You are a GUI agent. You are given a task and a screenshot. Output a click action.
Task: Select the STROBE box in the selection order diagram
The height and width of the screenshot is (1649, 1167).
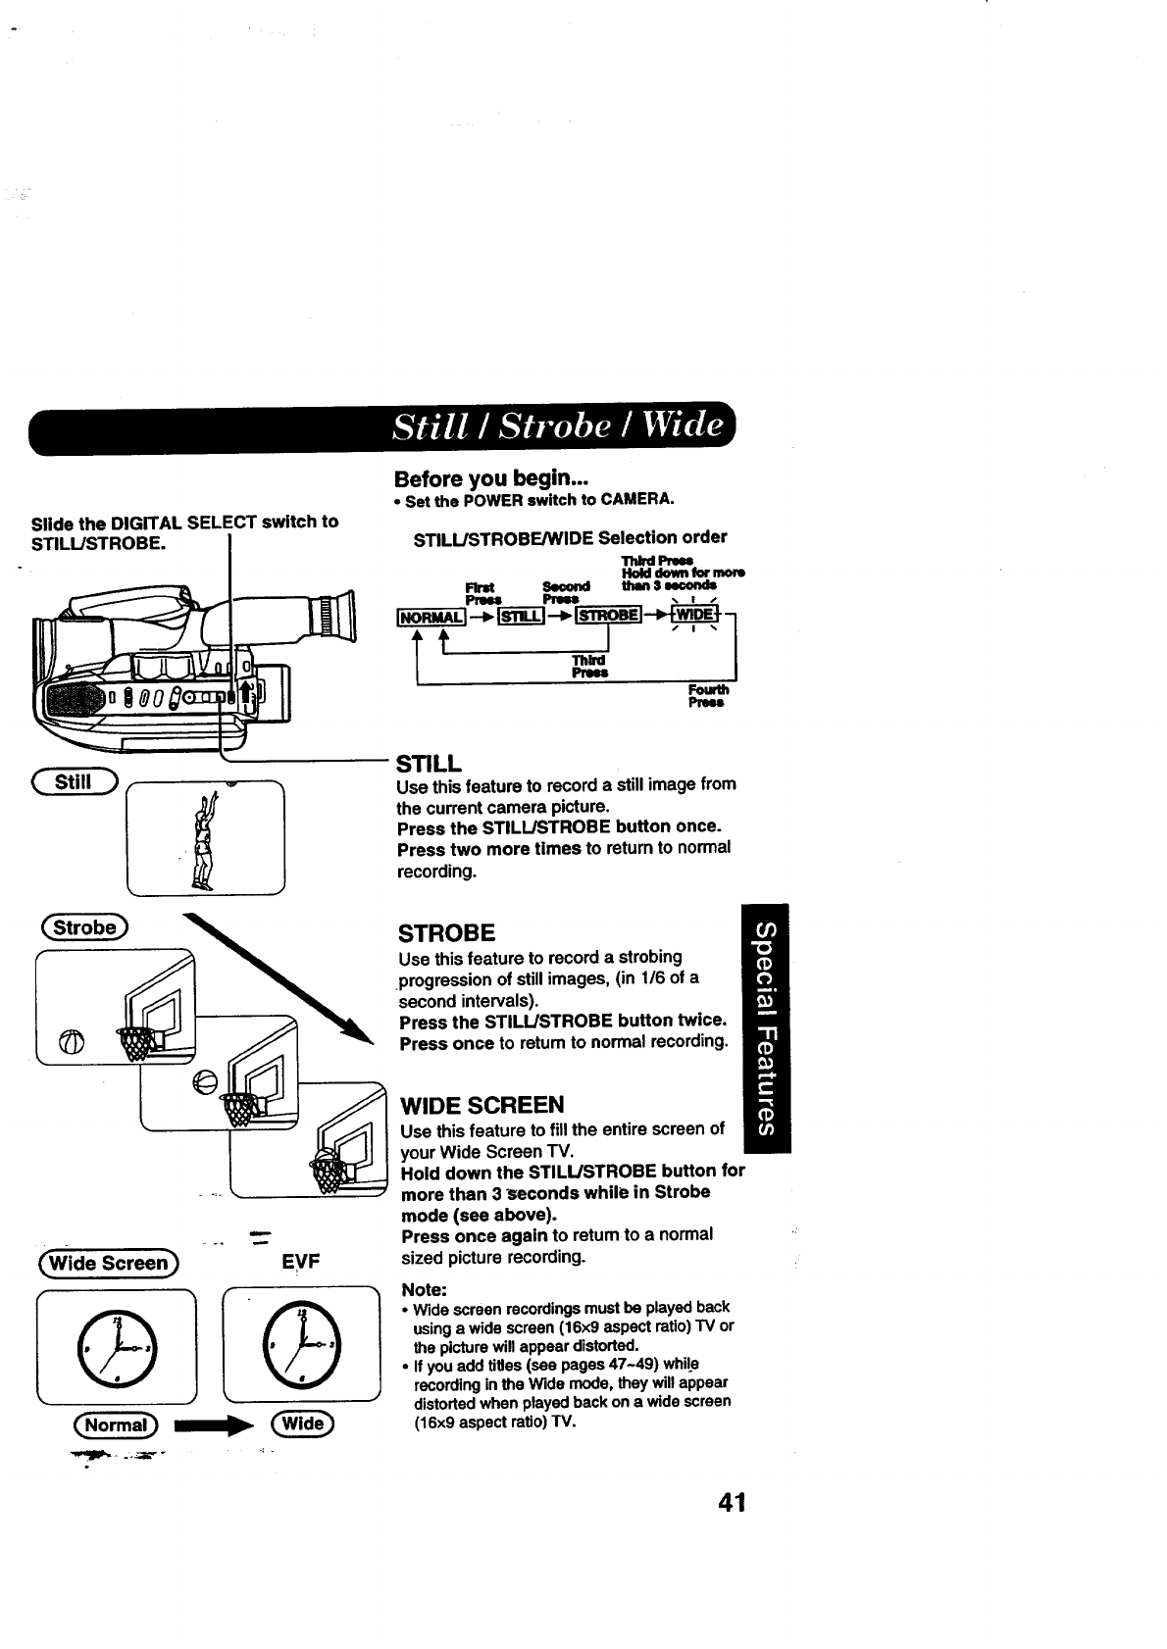point(608,615)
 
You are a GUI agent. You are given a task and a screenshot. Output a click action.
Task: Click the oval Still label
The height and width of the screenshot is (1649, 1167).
point(75,780)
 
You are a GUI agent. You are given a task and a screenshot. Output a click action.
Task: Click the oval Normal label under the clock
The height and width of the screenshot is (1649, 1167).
point(117,1424)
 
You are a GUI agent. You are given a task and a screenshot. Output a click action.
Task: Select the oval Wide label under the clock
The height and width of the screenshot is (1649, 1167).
point(303,1424)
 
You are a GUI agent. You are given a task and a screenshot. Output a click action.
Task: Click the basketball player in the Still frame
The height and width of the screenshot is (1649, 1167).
point(204,841)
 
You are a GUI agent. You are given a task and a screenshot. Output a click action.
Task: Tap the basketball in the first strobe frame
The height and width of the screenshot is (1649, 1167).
point(75,1041)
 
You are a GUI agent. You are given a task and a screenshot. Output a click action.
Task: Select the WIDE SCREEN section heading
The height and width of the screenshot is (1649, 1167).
point(482,1105)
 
